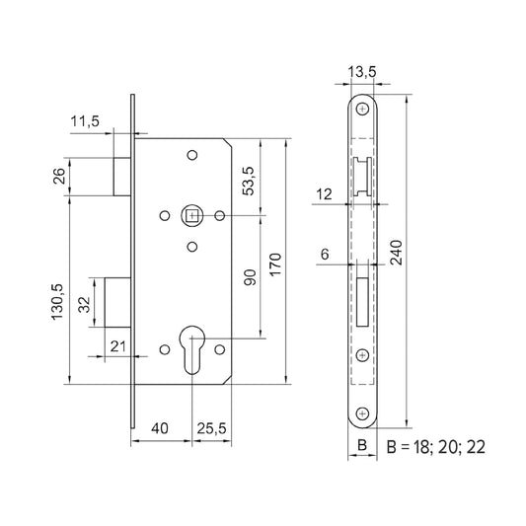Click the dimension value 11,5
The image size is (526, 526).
[85, 122]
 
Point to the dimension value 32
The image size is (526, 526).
[84, 304]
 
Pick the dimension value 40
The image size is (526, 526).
[161, 428]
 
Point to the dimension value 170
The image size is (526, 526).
[275, 263]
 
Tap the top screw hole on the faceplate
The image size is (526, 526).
[363, 109]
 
